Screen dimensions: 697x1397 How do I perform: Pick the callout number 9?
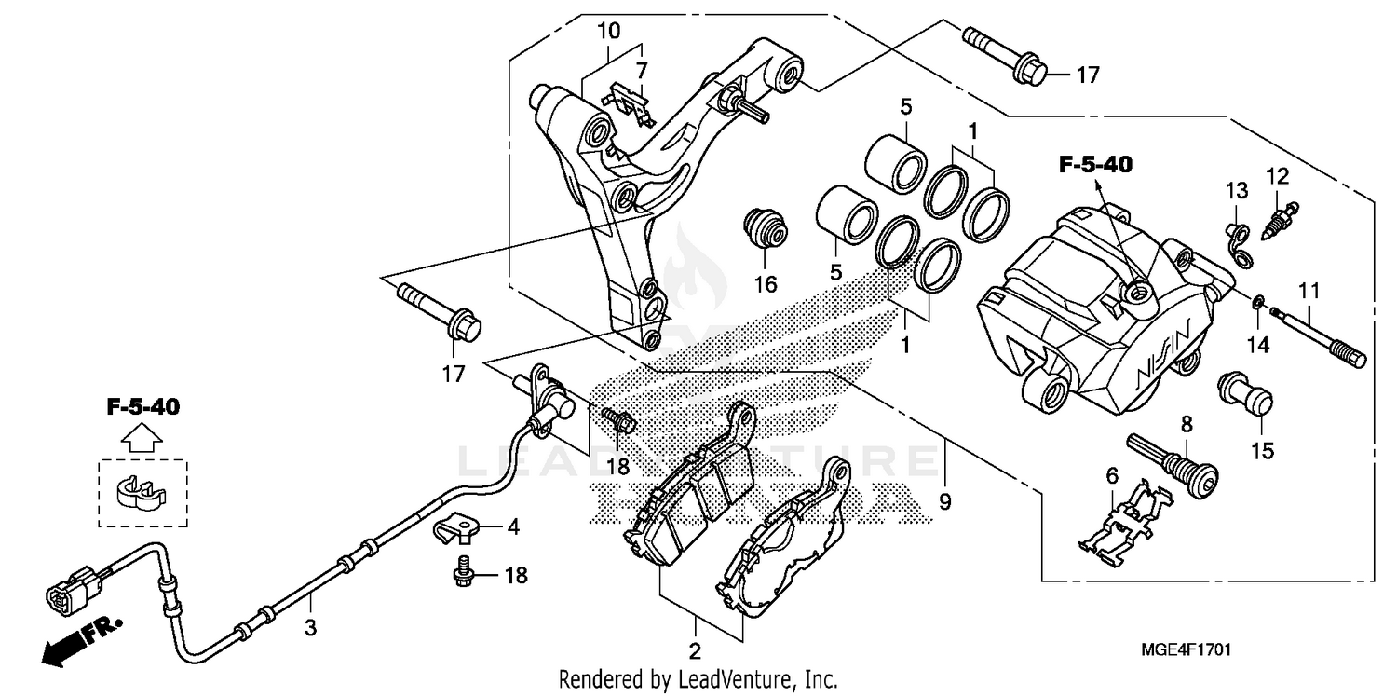coord(945,502)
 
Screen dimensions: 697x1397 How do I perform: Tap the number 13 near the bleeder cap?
coord(1236,191)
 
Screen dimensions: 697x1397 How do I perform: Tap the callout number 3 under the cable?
coord(310,629)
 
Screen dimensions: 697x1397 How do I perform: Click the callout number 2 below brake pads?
coord(695,650)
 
